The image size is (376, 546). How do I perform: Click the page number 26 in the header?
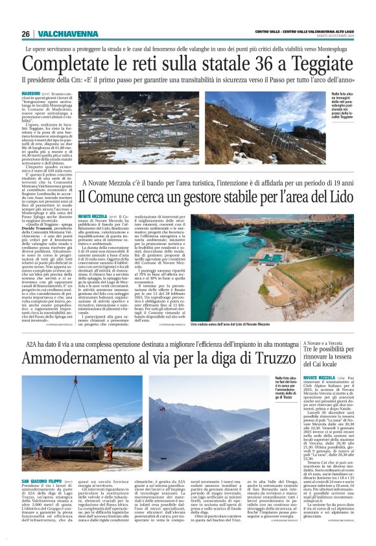(x=26, y=34)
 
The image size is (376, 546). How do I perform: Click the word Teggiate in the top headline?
(x=316, y=64)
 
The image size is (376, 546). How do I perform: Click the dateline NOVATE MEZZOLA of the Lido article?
(x=91, y=215)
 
